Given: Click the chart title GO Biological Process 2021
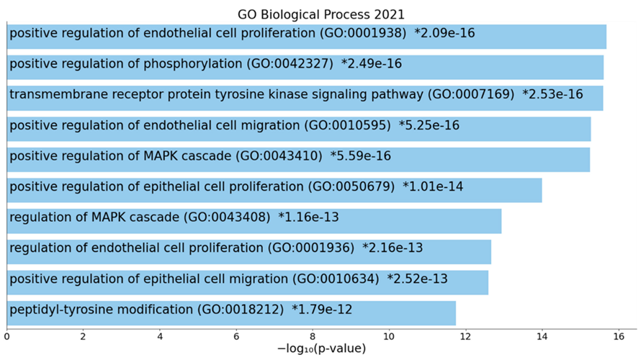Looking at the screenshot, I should click(x=320, y=14).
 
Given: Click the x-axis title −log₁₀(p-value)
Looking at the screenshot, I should click(x=321, y=348).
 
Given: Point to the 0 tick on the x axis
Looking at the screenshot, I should click(x=6, y=335).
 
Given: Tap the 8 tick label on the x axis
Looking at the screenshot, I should click(x=313, y=335).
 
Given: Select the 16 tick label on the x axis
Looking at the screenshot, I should click(x=619, y=335).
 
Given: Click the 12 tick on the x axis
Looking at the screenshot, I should click(x=465, y=335).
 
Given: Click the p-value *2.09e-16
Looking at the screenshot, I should click(x=444, y=33).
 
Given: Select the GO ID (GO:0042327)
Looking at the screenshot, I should click(x=290, y=64).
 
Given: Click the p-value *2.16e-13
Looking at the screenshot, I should click(x=392, y=248).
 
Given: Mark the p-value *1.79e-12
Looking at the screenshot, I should click(x=322, y=310).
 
